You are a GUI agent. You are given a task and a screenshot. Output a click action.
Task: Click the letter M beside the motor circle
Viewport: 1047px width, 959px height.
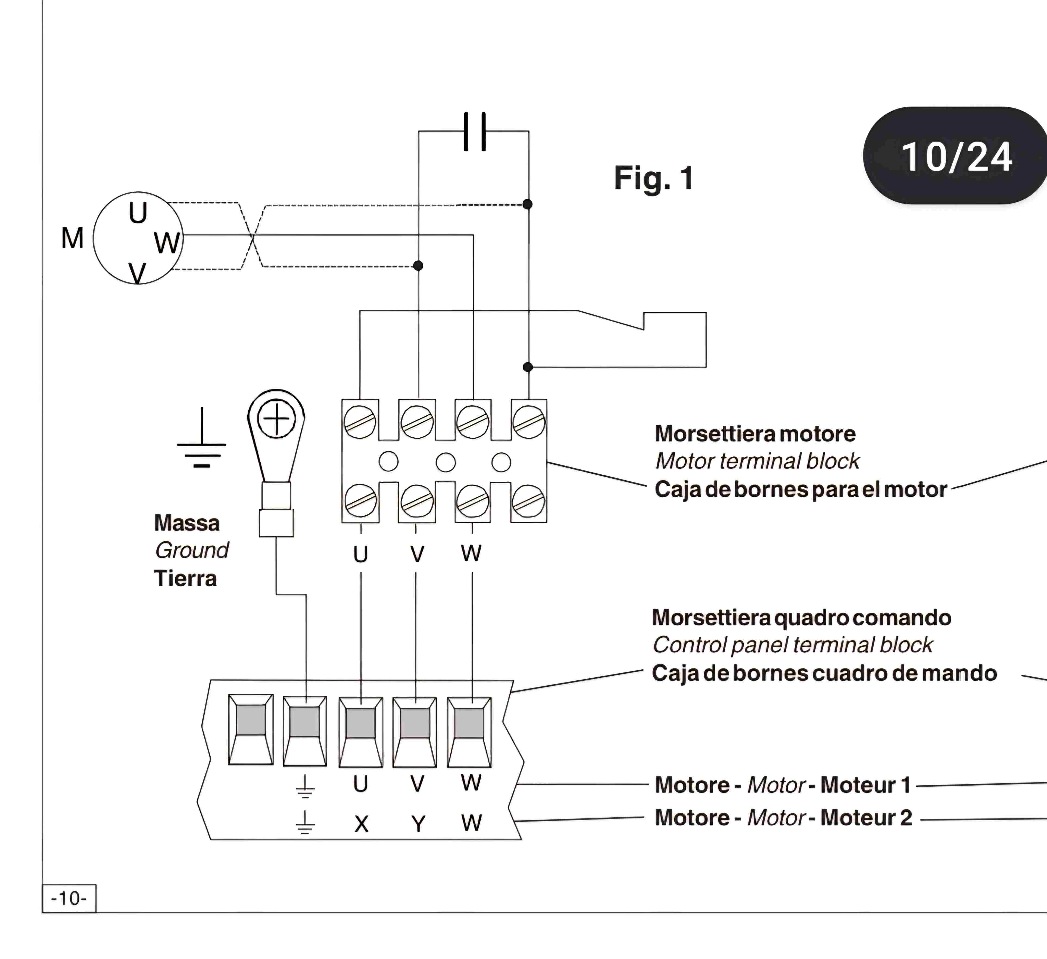coord(72,238)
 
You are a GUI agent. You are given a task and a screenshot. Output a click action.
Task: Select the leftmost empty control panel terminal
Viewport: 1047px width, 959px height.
coord(251,730)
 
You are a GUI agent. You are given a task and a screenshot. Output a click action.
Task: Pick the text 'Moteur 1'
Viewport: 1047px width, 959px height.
coord(866,785)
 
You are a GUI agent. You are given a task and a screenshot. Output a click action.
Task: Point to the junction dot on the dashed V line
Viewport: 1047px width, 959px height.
coord(418,266)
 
